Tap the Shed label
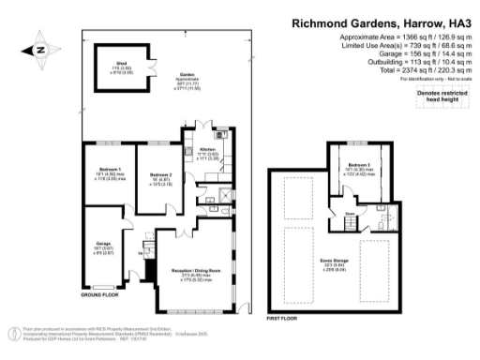coord(121,67)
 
